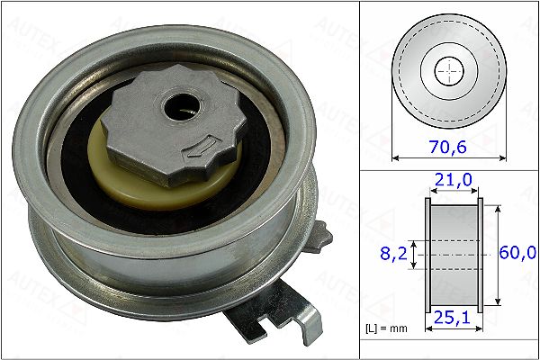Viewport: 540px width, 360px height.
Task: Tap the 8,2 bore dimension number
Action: (391, 255)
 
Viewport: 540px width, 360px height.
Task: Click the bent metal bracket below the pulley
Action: (288, 310)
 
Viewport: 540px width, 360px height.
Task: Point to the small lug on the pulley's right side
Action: (324, 236)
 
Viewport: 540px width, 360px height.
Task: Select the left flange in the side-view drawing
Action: (427, 255)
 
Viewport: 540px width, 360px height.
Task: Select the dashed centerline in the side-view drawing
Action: (453, 255)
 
